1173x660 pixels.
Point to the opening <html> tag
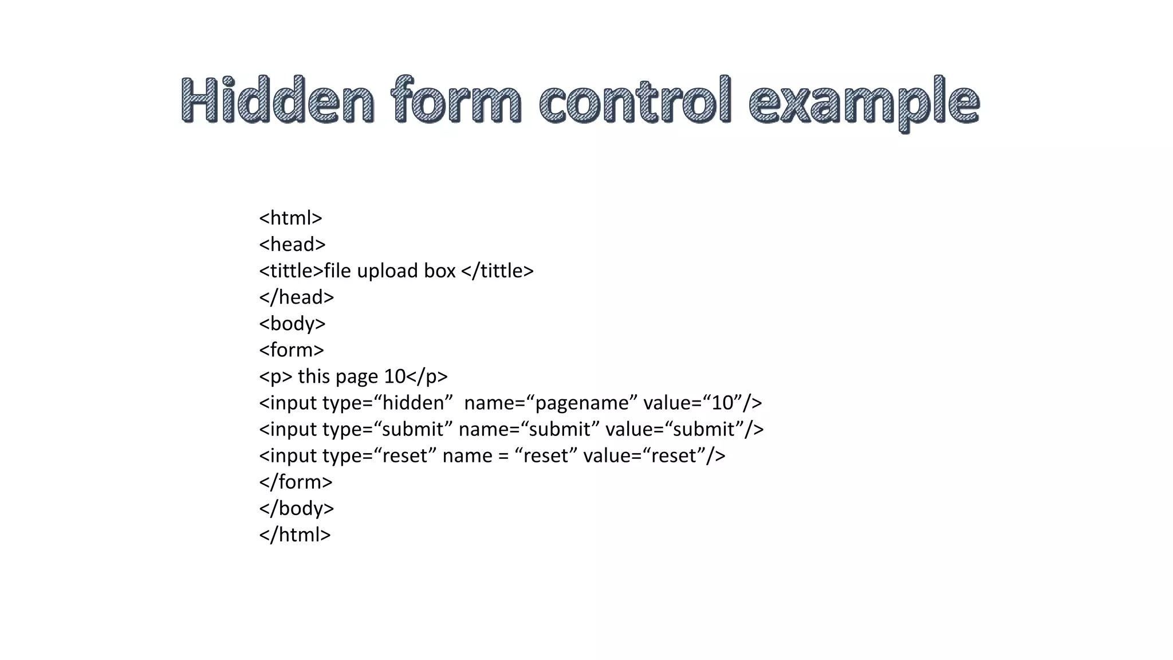290,218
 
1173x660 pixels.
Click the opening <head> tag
292,244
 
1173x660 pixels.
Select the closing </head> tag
296,297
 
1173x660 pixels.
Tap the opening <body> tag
292,323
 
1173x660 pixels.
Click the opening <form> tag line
292,349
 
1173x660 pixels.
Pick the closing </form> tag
296,481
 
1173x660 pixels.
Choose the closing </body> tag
296,508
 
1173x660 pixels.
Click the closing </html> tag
294,534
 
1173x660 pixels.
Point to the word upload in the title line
387,270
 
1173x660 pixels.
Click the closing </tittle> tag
497,270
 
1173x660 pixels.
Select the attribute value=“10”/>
702,402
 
